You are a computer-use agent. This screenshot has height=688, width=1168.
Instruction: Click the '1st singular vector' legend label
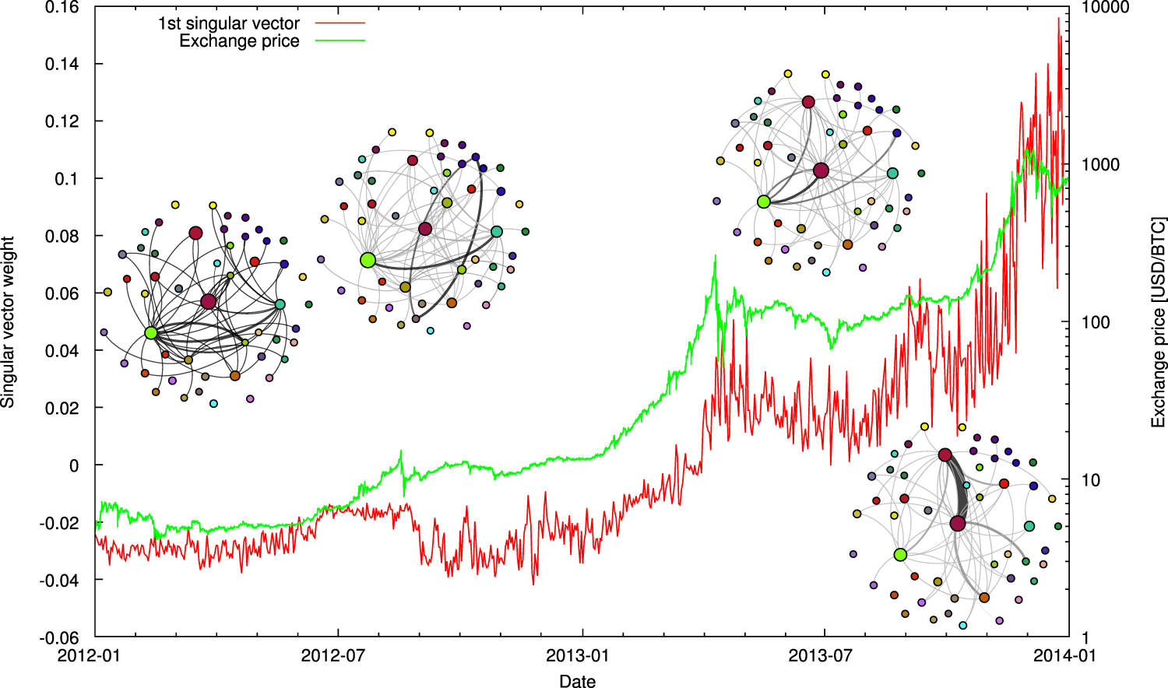[x=228, y=23]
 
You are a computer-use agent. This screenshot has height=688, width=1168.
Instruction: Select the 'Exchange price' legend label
[x=239, y=41]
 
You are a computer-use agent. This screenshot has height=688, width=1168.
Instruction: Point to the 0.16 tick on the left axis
[x=62, y=7]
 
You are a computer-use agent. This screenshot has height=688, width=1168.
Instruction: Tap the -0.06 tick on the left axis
[x=59, y=637]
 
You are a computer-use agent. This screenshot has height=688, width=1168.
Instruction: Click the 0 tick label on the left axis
[x=74, y=465]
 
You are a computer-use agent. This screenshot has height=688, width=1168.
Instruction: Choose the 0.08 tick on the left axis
[x=62, y=237]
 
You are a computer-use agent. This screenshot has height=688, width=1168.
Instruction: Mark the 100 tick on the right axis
[x=1096, y=322]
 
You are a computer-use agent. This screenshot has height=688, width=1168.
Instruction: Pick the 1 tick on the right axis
[x=1085, y=637]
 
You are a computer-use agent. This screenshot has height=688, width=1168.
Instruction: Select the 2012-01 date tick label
[x=90, y=655]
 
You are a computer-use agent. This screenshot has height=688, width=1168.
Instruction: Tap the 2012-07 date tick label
[x=333, y=655]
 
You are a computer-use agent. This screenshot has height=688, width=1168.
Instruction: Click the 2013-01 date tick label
[x=577, y=655]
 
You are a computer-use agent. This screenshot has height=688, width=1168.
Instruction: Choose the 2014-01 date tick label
[x=1064, y=655]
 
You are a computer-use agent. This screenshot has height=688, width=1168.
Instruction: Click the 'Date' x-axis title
[x=577, y=681]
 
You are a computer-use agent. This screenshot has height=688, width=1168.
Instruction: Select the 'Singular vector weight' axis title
[x=9, y=322]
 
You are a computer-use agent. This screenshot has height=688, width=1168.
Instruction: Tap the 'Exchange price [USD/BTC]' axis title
[x=1159, y=322]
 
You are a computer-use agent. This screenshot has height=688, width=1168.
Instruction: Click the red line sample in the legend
[x=340, y=23]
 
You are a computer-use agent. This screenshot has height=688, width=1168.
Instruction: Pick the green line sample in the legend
[x=340, y=40]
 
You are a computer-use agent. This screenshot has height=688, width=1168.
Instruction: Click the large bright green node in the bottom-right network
[x=900, y=555]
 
